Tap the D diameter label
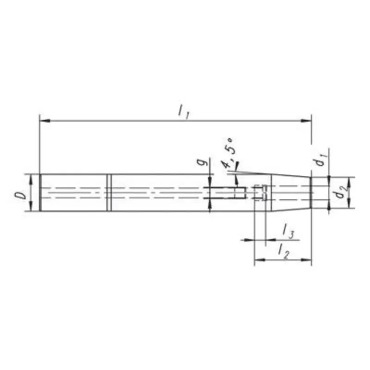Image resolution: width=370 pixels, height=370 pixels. point(21,194)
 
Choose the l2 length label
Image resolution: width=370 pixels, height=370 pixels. point(284,251)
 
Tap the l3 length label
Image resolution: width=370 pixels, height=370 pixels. point(288,233)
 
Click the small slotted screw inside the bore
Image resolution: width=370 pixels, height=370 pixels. point(261,192)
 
